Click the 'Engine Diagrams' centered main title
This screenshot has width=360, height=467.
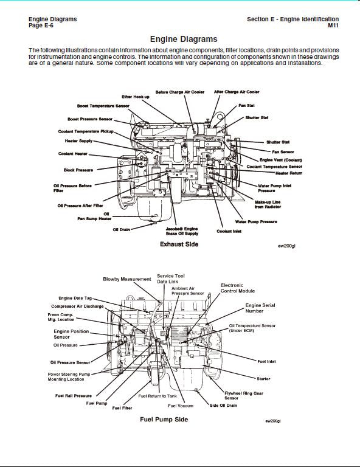[184, 39]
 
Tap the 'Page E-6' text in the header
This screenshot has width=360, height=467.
[41, 26]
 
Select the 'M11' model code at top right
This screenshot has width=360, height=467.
[333, 26]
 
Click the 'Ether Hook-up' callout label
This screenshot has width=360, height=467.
[136, 97]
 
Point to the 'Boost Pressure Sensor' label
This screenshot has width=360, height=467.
[90, 119]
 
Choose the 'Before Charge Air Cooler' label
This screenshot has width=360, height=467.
[180, 92]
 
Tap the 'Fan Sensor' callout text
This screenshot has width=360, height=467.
[283, 152]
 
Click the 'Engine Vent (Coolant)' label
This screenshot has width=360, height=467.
[281, 160]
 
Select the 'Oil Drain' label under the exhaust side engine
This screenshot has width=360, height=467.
[122, 230]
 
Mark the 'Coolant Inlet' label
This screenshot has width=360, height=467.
[229, 231]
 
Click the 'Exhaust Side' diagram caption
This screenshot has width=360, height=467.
[179, 244]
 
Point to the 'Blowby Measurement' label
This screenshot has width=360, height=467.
[127, 279]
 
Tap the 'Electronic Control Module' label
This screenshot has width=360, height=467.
[238, 288]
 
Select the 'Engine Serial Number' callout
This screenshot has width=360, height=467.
[260, 308]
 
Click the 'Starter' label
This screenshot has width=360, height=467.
[263, 379]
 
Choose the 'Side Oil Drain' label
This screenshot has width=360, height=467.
[223, 406]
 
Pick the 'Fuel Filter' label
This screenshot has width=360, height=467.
[122, 408]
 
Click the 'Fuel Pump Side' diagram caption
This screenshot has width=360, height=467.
[164, 420]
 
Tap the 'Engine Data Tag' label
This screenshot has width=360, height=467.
[75, 298]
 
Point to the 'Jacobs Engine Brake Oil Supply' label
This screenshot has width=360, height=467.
[182, 231]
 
